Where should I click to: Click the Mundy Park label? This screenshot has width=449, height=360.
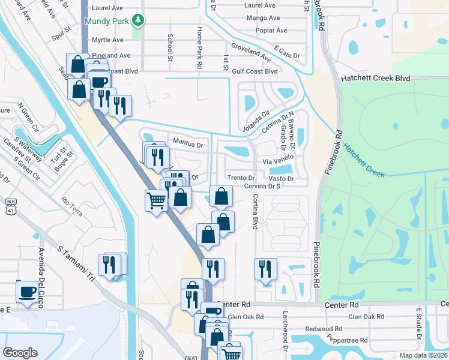107,21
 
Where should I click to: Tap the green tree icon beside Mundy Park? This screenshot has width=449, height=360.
139,21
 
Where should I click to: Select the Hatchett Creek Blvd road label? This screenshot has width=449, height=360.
375,79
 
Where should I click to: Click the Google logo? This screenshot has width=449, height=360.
20,352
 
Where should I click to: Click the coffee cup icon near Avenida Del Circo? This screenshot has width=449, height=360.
27,290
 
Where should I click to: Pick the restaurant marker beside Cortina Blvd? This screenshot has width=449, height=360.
265,269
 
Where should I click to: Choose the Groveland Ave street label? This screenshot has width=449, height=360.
250,52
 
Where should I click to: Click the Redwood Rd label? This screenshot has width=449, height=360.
324,329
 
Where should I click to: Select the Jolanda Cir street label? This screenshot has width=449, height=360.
257,122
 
